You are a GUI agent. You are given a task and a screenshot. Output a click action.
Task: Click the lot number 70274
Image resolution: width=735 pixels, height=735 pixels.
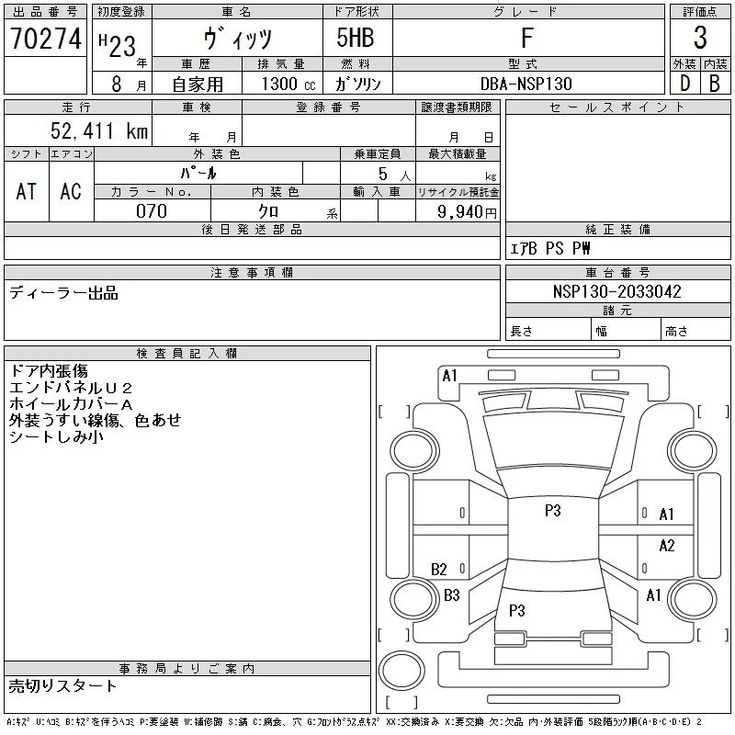(46, 39)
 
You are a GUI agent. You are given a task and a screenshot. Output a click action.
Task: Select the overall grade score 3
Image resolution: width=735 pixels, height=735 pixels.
(700, 38)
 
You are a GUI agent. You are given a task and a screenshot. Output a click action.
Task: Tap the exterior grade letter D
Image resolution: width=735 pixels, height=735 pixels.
(684, 84)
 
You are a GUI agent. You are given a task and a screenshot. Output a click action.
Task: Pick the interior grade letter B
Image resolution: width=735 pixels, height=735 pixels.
(715, 84)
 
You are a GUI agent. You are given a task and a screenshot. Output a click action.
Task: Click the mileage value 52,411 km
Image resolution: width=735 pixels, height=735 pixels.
(99, 130)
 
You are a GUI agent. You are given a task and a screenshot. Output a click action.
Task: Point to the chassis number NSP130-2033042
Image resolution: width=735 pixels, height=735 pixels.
(616, 291)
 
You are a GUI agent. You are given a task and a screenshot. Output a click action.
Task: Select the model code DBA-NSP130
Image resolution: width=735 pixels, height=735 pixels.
(526, 84)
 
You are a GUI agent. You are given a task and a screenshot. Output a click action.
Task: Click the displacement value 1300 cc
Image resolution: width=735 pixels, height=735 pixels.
(288, 84)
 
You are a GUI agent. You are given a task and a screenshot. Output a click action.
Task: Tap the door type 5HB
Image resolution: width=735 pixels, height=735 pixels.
(356, 38)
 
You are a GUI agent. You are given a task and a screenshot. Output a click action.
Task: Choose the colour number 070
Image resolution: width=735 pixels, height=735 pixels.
(152, 211)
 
